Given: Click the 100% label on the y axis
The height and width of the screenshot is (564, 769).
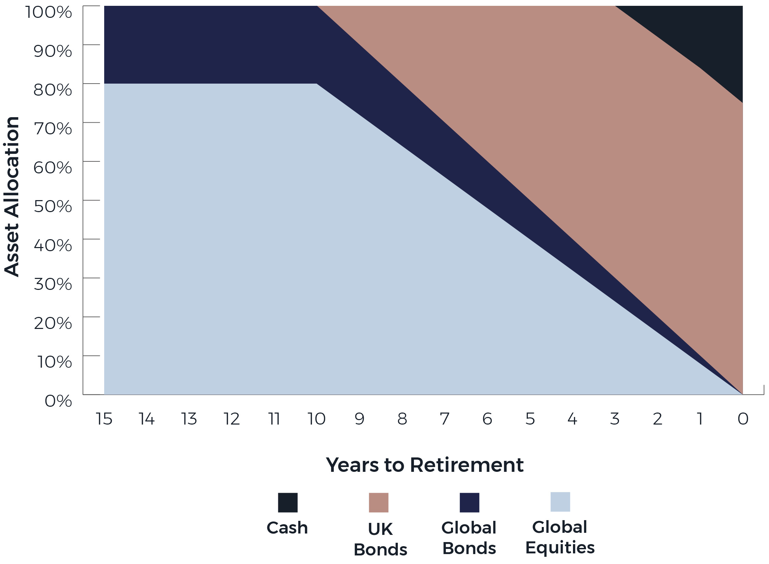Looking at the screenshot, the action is click(49, 12).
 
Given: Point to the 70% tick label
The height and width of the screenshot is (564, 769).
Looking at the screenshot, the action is click(53, 129).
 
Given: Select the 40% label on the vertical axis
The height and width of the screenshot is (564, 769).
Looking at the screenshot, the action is click(53, 245).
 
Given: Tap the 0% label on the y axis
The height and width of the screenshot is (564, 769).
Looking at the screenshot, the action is click(58, 401).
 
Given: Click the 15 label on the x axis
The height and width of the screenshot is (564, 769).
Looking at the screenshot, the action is click(104, 419).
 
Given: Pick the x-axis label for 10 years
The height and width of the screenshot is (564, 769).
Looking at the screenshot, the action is click(316, 419).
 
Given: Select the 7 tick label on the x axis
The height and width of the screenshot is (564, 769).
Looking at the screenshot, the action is click(444, 419).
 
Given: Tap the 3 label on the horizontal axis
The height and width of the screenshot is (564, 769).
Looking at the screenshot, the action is click(615, 419).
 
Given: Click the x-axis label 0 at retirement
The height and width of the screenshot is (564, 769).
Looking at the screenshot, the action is click(743, 419).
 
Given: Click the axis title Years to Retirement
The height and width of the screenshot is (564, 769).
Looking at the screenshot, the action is click(425, 465).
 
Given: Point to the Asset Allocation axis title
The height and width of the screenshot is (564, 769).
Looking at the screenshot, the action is click(12, 196).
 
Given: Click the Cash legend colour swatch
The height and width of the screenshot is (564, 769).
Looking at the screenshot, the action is click(288, 502).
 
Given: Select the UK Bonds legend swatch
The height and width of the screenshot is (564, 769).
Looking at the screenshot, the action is click(379, 502).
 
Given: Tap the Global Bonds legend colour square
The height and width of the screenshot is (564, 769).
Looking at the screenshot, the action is click(469, 502).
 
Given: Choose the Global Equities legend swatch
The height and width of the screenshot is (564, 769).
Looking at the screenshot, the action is click(560, 502).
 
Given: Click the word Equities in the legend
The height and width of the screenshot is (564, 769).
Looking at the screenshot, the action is click(560, 548).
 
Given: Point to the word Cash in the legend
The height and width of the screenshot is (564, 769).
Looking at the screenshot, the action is click(287, 528).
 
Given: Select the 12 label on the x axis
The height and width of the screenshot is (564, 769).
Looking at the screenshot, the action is click(231, 419).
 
